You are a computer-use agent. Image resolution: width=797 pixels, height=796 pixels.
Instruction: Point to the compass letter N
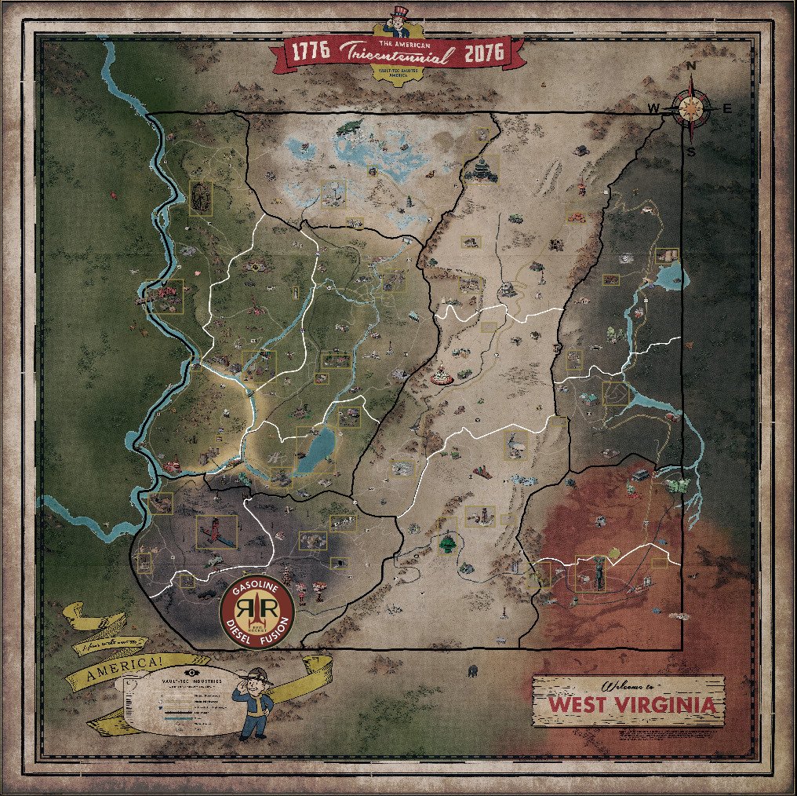[x=691, y=68]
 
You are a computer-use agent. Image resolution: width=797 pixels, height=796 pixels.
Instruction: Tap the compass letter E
[x=726, y=108]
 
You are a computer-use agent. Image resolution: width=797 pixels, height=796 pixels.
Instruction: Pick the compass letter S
[x=691, y=151]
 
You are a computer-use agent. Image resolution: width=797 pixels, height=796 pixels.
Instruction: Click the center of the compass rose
[x=691, y=108]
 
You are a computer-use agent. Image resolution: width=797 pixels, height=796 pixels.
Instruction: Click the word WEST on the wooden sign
[x=577, y=703]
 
